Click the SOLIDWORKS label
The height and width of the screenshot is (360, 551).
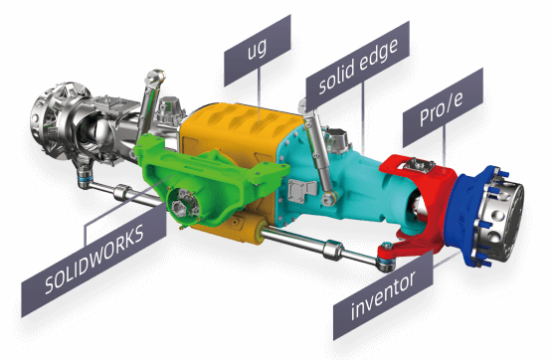94,260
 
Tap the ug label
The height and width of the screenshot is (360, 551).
258,50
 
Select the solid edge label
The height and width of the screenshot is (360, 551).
358,66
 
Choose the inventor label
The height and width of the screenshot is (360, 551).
383,295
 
